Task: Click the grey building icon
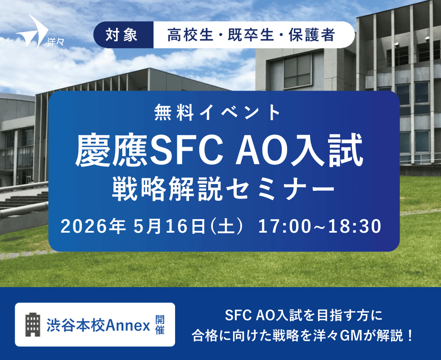pos(33,324)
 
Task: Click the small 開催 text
pos(160,325)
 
